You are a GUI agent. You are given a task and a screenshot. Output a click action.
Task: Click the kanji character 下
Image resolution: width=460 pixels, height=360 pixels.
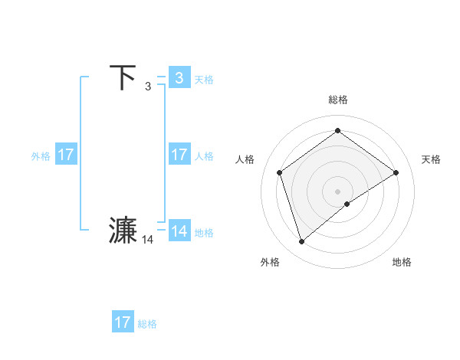pos(123,77)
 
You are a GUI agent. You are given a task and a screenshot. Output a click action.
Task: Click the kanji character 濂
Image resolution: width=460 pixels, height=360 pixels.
pos(123,231)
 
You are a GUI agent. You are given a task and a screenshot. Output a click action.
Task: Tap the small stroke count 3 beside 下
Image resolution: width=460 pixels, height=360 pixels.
pos(148,87)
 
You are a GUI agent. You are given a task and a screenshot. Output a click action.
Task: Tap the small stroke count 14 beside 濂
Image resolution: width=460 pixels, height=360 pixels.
pos(148,240)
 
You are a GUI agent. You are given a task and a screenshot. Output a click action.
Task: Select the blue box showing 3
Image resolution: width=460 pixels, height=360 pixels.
pos(179,77)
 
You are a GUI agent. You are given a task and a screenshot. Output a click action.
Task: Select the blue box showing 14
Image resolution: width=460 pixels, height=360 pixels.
pos(179,231)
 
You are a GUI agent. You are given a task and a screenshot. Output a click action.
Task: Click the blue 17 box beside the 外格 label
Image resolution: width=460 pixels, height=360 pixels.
pos(66,155)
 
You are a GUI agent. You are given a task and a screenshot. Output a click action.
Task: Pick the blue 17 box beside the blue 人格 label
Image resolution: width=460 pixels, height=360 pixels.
pos(179,155)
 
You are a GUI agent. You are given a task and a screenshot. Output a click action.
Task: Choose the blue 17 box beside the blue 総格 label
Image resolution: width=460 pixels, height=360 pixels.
pos(123,322)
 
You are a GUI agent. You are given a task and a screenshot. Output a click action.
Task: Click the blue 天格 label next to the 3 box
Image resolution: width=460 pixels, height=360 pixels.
pos(204,79)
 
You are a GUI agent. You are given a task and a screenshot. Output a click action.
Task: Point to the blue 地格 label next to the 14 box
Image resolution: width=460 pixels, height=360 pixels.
pos(204,233)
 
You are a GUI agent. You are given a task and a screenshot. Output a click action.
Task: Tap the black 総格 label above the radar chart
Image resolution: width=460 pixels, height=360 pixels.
pos(337,100)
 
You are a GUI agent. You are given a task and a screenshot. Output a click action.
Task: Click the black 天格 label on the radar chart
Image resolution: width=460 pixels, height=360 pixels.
pos(431,159)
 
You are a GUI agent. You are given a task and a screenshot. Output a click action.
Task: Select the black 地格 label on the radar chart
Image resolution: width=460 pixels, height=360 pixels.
pos(402,262)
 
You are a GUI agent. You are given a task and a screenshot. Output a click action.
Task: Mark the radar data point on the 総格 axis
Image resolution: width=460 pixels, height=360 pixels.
pos(337,130)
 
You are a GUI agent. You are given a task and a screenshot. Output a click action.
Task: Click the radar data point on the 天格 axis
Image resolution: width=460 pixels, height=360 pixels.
pos(396,172)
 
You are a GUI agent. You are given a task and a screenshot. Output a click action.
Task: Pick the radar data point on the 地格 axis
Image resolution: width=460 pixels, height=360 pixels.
pos(347,204)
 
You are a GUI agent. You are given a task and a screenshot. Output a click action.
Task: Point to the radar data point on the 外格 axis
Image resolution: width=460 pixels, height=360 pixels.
pos(302,242)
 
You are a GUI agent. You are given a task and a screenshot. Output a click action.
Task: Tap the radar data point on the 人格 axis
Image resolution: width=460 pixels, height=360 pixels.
pos(280,172)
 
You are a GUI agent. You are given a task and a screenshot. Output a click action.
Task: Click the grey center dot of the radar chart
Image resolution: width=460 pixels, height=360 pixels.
pos(337,191)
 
